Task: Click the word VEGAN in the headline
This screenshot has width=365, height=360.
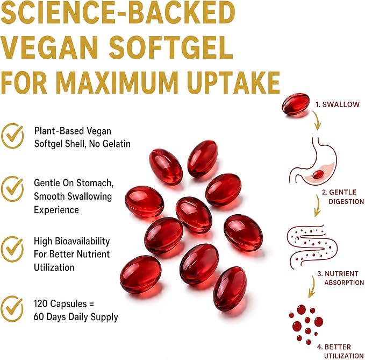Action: click(x=49, y=47)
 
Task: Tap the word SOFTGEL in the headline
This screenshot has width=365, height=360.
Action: click(x=171, y=47)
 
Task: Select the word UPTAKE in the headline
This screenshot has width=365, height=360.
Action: click(x=233, y=82)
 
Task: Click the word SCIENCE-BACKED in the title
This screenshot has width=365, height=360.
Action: click(x=118, y=12)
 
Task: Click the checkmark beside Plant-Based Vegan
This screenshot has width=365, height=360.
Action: click(x=12, y=136)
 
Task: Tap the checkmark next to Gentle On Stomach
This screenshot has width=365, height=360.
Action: click(x=12, y=189)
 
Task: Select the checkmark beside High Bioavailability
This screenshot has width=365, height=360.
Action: click(x=12, y=249)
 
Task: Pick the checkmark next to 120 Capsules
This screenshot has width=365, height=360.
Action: click(x=12, y=309)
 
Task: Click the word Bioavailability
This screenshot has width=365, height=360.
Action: click(x=82, y=242)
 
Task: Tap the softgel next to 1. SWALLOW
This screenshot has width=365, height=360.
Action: click(x=296, y=104)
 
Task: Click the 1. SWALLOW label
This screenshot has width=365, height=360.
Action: click(x=338, y=104)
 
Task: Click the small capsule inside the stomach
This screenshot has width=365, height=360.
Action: click(x=318, y=174)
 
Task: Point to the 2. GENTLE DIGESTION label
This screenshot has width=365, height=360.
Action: click(x=343, y=196)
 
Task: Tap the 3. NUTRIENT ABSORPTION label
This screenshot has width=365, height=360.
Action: click(x=341, y=278)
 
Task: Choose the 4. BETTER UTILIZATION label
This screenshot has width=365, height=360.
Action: click(x=340, y=351)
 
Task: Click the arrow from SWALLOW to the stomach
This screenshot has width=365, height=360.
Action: click(x=317, y=121)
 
